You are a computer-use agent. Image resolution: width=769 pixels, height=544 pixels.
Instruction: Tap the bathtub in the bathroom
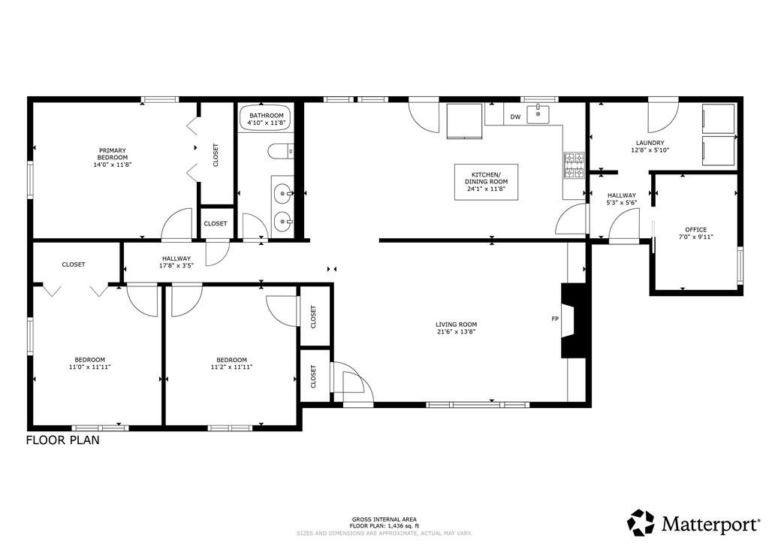coord(267,119)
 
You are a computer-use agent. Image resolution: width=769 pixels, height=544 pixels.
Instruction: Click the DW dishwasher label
coord(515,117)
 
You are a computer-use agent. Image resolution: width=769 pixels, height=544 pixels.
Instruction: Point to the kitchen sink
coord(538,115)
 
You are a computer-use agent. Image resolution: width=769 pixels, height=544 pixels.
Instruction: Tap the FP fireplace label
coord(555,319)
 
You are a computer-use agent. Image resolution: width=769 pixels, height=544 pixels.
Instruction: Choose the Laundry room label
coord(650,147)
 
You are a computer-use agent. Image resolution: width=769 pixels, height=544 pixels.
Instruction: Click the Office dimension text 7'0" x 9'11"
coord(695,237)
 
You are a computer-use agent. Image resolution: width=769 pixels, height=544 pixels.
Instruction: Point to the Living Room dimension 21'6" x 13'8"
coord(456,331)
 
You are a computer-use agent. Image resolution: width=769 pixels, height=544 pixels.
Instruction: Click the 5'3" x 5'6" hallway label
coord(621,203)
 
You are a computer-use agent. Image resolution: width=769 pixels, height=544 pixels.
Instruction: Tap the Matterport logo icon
coord(641,521)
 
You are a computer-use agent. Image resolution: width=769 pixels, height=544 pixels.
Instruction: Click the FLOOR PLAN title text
coord(62,441)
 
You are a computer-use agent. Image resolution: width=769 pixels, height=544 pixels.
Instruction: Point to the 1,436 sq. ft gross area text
coord(386,526)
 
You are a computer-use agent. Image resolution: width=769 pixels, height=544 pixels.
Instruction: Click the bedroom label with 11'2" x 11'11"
coord(231,364)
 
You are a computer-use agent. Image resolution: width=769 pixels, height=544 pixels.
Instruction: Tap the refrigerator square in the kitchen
coord(466,121)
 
